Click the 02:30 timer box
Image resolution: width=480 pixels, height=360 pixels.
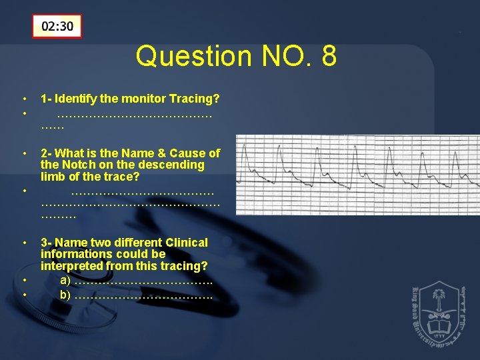point(57,27)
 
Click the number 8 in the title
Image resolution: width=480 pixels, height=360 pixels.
point(328,57)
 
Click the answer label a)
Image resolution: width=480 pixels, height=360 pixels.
point(65,280)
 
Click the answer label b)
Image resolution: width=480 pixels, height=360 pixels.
point(65,294)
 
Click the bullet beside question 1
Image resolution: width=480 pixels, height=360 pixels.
point(24,99)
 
